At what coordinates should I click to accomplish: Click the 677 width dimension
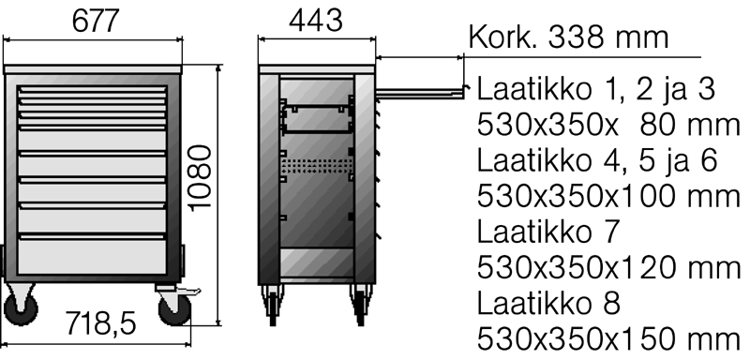[x=95, y=21]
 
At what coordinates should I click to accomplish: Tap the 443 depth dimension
[x=316, y=21]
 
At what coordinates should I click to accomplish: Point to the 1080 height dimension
[x=200, y=178]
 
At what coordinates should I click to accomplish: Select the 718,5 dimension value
[x=100, y=323]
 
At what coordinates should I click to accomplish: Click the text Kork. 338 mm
[x=568, y=37]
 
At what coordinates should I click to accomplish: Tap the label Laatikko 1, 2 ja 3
[x=596, y=89]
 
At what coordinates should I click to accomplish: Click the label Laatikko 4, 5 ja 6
[x=597, y=160]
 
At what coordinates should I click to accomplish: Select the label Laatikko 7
[x=548, y=232]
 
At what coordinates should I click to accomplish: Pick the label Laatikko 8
[x=548, y=303]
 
